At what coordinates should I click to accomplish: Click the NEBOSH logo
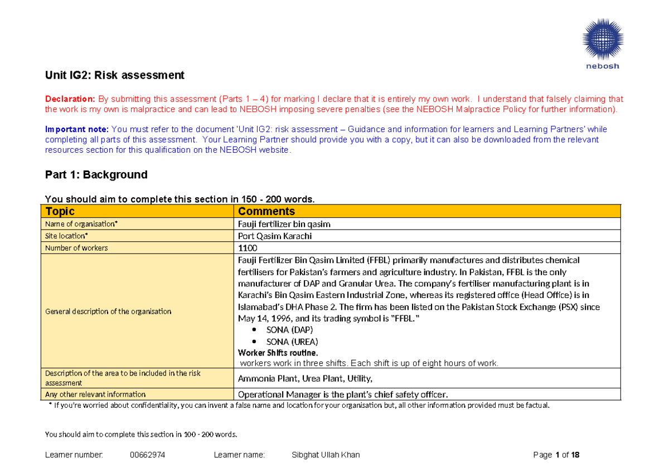click(603, 42)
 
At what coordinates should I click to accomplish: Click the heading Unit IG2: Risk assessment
click(114, 75)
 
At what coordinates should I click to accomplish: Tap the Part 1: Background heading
click(96, 174)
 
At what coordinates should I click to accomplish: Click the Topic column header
click(60, 211)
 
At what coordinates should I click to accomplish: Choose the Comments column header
click(266, 211)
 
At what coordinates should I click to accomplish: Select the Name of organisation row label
click(81, 224)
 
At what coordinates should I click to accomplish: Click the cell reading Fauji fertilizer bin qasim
click(284, 224)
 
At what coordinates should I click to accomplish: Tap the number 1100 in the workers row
click(248, 248)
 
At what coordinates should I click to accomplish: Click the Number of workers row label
click(76, 248)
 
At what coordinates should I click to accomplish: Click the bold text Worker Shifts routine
click(278, 353)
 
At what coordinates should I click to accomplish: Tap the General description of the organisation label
click(108, 311)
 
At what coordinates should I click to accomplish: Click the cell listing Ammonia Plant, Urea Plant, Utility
click(305, 379)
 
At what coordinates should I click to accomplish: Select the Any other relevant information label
click(95, 394)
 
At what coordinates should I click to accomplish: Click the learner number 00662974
click(147, 455)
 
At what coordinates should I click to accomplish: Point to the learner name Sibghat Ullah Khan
click(326, 455)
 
